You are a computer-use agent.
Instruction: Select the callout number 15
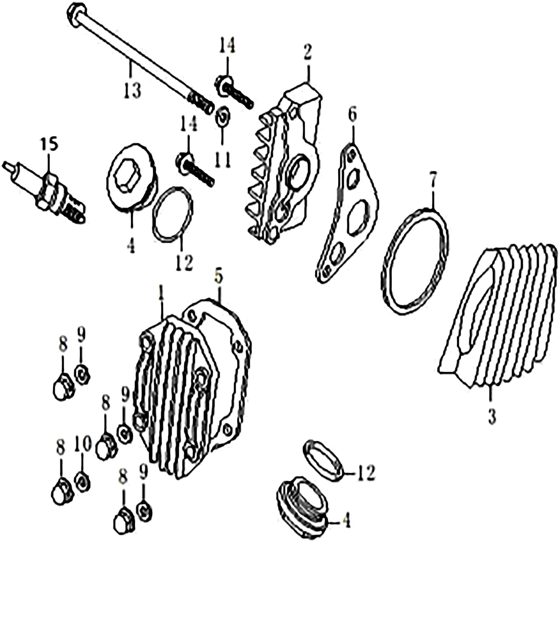click(x=49, y=144)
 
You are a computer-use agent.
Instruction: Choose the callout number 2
click(x=308, y=52)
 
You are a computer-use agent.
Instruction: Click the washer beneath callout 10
click(x=82, y=482)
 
